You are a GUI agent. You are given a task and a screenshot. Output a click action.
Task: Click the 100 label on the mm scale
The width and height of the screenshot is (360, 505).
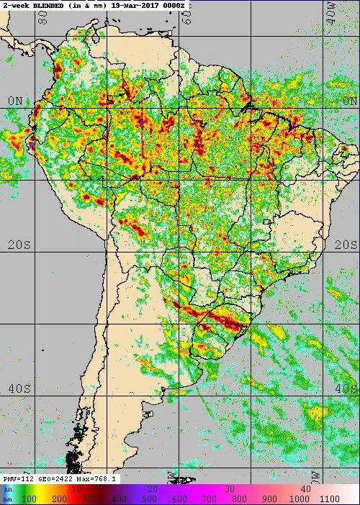[30, 498]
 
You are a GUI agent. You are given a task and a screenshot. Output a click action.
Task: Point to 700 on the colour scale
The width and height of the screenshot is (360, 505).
[210, 498]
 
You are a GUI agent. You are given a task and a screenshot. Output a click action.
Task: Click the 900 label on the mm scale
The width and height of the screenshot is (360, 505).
[269, 498]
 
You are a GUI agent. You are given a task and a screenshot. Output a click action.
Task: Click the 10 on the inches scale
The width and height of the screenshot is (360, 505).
[76, 488]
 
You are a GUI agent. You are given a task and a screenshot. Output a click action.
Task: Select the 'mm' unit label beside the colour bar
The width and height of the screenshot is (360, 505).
[7, 498]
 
